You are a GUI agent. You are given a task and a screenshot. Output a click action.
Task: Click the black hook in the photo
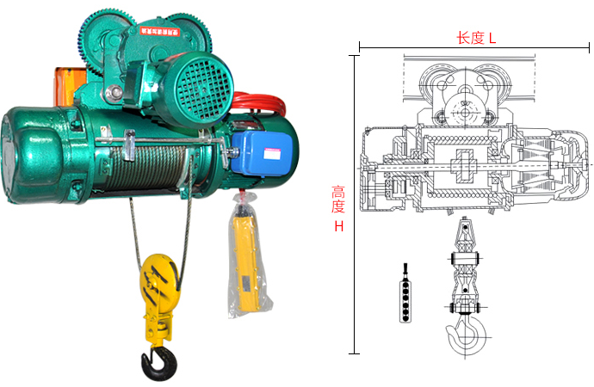tap(159, 364)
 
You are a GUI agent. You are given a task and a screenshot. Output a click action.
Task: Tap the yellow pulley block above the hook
tap(158, 280)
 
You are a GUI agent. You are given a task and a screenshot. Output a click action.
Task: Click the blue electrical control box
tap(263, 152)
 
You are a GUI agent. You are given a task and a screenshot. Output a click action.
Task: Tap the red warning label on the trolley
tap(160, 31)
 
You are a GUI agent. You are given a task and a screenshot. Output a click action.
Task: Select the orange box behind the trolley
tap(69, 86)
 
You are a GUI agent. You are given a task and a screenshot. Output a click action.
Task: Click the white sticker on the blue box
tap(272, 154)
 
